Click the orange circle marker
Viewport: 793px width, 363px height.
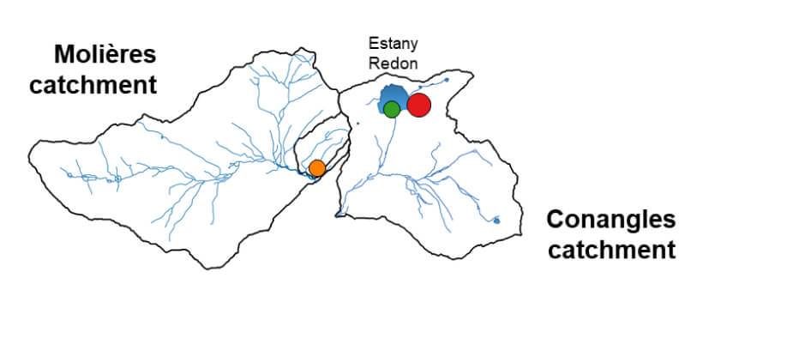[x=316, y=167]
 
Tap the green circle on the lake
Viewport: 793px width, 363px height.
[x=391, y=109]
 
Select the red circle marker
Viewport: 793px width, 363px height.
[x=418, y=105]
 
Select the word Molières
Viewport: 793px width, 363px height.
[x=105, y=55]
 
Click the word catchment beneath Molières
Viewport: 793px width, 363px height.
[x=93, y=86]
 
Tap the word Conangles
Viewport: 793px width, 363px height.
[x=610, y=219]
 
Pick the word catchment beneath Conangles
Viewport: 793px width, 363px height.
[x=611, y=250]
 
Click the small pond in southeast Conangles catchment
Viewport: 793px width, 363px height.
[x=496, y=221]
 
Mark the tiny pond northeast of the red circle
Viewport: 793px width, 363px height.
[x=448, y=79]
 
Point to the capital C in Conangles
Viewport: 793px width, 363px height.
[x=555, y=219]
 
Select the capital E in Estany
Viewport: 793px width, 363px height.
[x=371, y=42]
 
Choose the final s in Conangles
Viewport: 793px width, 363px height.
[x=670, y=220]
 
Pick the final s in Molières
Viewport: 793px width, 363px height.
[x=150, y=56]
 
